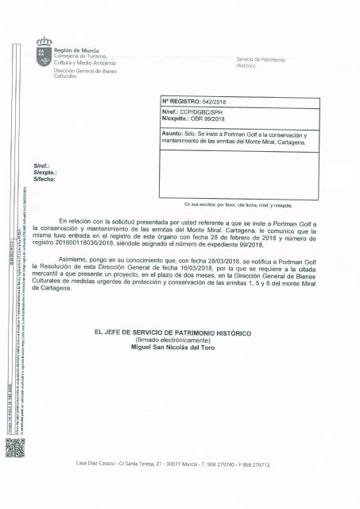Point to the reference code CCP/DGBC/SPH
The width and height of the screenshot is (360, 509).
tap(205, 114)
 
